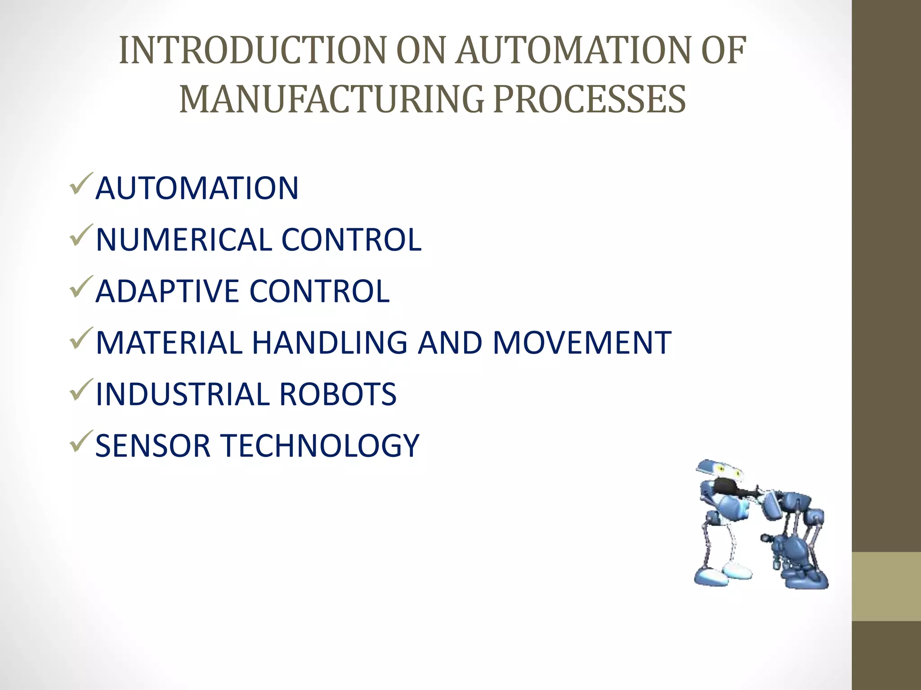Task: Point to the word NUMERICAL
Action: click(x=184, y=239)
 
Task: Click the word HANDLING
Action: click(x=330, y=343)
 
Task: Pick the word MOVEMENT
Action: click(x=582, y=343)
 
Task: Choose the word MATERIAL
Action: click(x=169, y=343)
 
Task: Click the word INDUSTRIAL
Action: click(x=183, y=394)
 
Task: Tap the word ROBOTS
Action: click(x=338, y=394)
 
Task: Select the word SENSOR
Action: click(x=153, y=446)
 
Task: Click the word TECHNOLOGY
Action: click(x=321, y=446)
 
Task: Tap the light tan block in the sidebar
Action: click(x=886, y=586)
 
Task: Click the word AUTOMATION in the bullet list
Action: click(x=197, y=188)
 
